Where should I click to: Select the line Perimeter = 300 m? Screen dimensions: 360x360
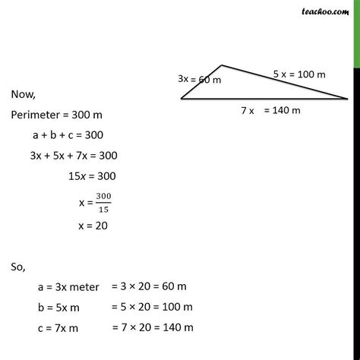click(57, 115)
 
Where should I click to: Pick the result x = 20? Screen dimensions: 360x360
click(93, 225)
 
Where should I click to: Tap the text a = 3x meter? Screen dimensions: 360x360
click(67, 288)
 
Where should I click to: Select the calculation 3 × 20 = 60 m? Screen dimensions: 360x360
click(149, 287)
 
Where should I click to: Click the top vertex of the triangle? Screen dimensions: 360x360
click(220, 66)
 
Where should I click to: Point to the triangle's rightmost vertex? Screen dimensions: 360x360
click(348, 99)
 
